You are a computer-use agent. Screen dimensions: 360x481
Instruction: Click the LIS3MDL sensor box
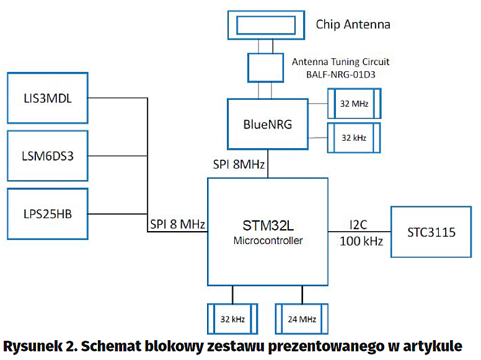pos(47,98)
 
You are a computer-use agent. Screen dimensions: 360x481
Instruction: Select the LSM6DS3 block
pos(47,156)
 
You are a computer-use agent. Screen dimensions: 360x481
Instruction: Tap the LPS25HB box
pos(47,214)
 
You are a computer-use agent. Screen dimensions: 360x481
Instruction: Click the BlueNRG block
pos(268,124)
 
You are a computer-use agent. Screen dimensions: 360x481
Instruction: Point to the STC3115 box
pos(432,232)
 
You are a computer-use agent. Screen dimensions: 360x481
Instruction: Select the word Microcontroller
pos(268,240)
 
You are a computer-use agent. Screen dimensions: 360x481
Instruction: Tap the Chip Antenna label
pos(353,25)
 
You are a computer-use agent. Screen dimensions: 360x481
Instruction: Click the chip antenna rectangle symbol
pos(268,25)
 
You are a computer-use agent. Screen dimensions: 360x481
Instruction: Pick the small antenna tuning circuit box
pos(268,68)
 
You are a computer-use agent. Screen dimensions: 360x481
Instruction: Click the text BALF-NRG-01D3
pos(340,74)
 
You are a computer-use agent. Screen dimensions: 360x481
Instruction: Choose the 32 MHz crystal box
pos(354,103)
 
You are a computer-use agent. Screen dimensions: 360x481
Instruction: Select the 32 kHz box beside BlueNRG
pos(354,138)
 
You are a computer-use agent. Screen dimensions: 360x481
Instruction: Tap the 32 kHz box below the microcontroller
pos(233,319)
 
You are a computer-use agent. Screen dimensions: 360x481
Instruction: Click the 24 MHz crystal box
pos(302,319)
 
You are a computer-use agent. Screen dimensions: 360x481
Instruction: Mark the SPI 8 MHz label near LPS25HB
pos(178,223)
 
